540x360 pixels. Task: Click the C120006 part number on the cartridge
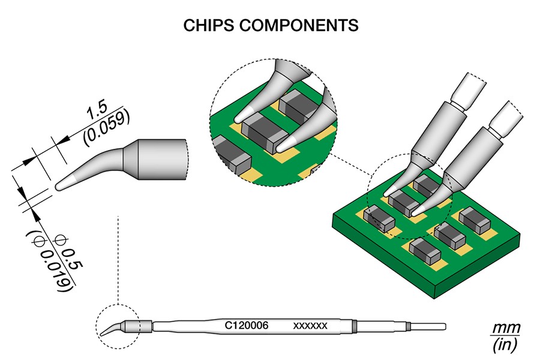[x=246, y=326]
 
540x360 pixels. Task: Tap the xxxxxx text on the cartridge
[x=310, y=326]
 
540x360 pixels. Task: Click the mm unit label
[x=503, y=329]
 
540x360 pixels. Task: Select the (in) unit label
[x=503, y=345]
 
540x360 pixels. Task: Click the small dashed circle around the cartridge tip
[x=117, y=325]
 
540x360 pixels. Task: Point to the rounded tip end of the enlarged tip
[x=60, y=186]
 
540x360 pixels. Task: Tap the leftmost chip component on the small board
[x=379, y=217]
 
